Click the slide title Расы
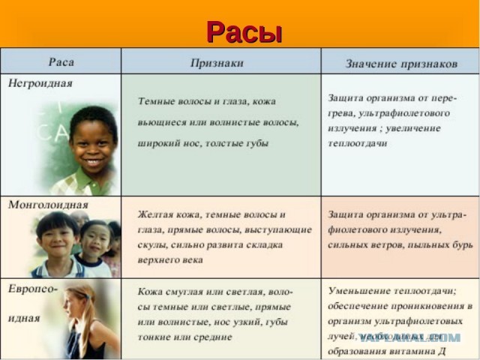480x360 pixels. (x=244, y=31)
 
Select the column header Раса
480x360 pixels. (x=61, y=61)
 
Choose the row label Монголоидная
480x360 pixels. (x=48, y=205)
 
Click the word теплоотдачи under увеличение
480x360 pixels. (x=357, y=142)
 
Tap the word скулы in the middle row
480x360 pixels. (x=152, y=244)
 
